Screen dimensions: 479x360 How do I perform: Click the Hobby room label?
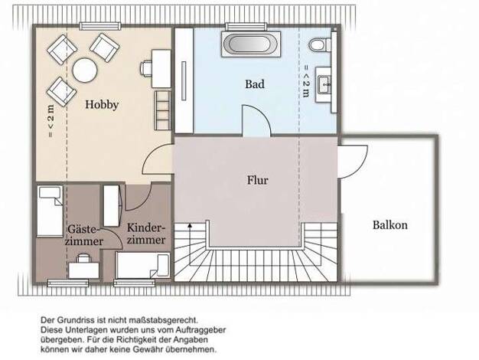pos(102,105)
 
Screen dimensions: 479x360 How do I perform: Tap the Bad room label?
pos(255,84)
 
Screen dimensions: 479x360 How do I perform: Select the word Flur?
pos(258,180)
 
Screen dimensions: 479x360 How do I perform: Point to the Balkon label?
pos(389,225)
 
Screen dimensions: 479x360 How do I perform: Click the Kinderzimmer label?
pos(146,234)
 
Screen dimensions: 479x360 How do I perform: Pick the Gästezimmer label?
pos(84,235)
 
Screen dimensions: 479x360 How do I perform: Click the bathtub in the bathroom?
pos(251,44)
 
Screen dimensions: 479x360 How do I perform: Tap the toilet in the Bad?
pos(320,44)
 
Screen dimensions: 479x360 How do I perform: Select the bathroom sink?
pos(324,84)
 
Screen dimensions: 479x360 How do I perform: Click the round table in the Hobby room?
pos(85,70)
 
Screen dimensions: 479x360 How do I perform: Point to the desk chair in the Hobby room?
pos(146,68)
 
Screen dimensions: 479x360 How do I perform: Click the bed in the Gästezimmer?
pos(50,211)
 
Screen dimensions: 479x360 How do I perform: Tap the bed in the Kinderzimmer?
pos(143,265)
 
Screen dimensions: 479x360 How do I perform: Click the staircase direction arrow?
pos(190,244)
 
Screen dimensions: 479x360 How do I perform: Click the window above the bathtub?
pos(246,26)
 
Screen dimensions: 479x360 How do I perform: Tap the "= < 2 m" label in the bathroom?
pos(306,81)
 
